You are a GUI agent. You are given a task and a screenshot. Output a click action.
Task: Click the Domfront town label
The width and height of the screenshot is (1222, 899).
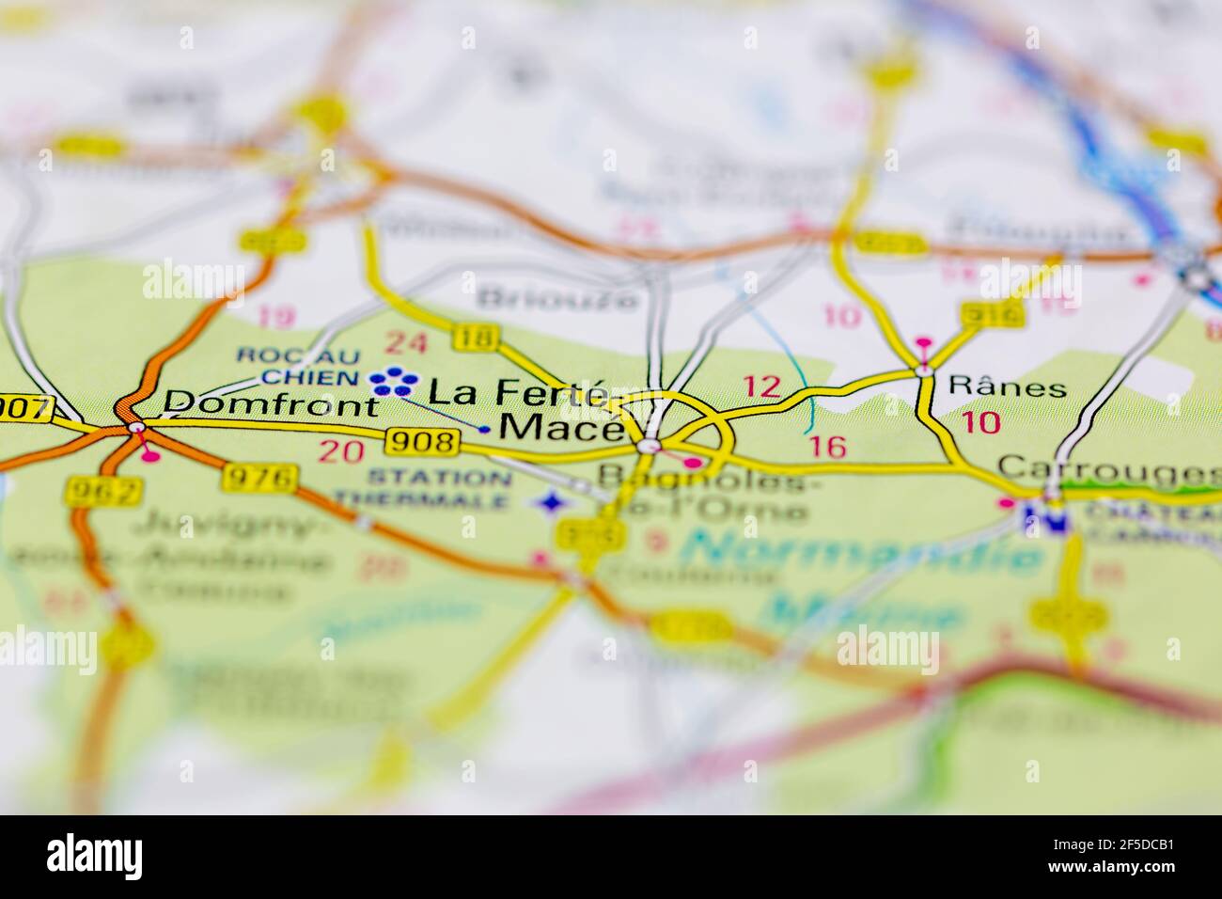[271, 405]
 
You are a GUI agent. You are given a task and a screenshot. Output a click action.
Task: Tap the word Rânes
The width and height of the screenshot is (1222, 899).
[1008, 386]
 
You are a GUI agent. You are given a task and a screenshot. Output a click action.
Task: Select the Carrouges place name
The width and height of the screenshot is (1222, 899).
[1107, 466]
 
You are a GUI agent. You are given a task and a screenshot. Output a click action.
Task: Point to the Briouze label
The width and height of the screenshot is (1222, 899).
[558, 298]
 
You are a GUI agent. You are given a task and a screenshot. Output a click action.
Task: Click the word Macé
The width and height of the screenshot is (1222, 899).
[560, 429]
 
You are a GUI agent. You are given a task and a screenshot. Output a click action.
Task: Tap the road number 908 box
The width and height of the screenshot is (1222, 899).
[423, 441]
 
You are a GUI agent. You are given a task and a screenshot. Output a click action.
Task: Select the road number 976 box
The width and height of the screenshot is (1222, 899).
[260, 479]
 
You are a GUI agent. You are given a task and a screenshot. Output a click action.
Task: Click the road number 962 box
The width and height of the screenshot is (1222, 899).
[105, 491]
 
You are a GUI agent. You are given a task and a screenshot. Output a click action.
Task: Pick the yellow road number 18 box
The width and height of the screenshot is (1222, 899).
[473, 337]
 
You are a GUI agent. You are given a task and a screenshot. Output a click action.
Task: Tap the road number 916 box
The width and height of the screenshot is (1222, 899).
[992, 315]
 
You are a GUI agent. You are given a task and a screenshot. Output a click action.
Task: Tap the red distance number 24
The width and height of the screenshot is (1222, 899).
[406, 343]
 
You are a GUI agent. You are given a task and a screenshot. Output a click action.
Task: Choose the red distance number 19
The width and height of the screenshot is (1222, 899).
[275, 318]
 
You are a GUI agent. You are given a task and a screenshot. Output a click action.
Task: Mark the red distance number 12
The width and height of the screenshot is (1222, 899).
[761, 386]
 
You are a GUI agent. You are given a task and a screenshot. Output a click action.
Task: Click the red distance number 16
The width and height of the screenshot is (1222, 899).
[827, 447]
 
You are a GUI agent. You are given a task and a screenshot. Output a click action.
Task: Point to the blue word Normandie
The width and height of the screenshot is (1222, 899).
[862, 552]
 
